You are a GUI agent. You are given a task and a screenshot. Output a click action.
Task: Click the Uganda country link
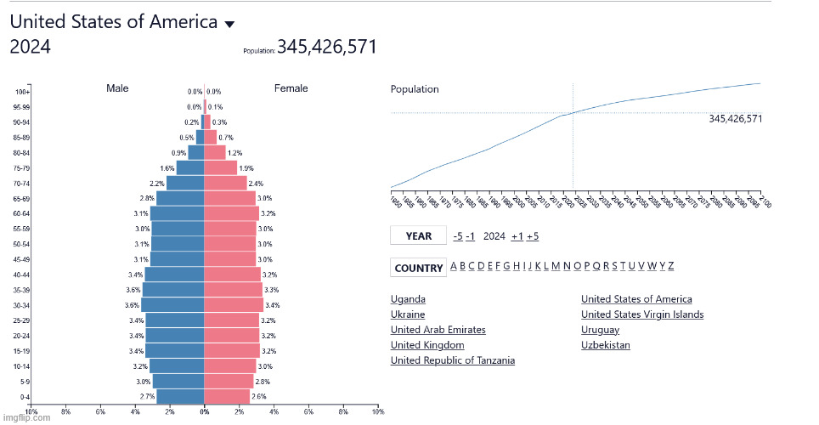point(408,299)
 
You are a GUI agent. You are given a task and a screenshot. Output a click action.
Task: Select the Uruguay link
point(600,330)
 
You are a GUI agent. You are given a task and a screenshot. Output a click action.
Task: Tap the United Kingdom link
point(427,345)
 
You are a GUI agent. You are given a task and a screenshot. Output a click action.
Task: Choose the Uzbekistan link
point(606,345)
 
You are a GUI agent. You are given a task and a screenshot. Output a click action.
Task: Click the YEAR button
point(418,236)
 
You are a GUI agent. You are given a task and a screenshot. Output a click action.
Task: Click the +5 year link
point(533,236)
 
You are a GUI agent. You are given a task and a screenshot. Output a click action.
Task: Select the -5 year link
point(458,236)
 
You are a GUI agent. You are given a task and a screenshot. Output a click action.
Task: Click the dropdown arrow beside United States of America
point(229,25)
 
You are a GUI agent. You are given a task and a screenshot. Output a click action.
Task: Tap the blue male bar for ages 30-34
point(173,304)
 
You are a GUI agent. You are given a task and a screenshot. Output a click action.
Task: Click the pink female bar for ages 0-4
point(227,396)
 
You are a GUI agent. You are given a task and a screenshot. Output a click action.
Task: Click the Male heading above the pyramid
point(117,88)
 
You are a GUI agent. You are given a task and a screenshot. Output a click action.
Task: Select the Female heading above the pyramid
point(291,88)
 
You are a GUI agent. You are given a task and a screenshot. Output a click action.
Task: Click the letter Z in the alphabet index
point(670,266)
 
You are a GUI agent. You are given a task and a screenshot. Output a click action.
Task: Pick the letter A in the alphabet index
point(453,266)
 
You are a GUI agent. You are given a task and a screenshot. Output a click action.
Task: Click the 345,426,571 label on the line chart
point(735,119)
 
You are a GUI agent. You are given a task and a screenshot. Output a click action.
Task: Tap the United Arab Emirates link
point(438,330)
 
